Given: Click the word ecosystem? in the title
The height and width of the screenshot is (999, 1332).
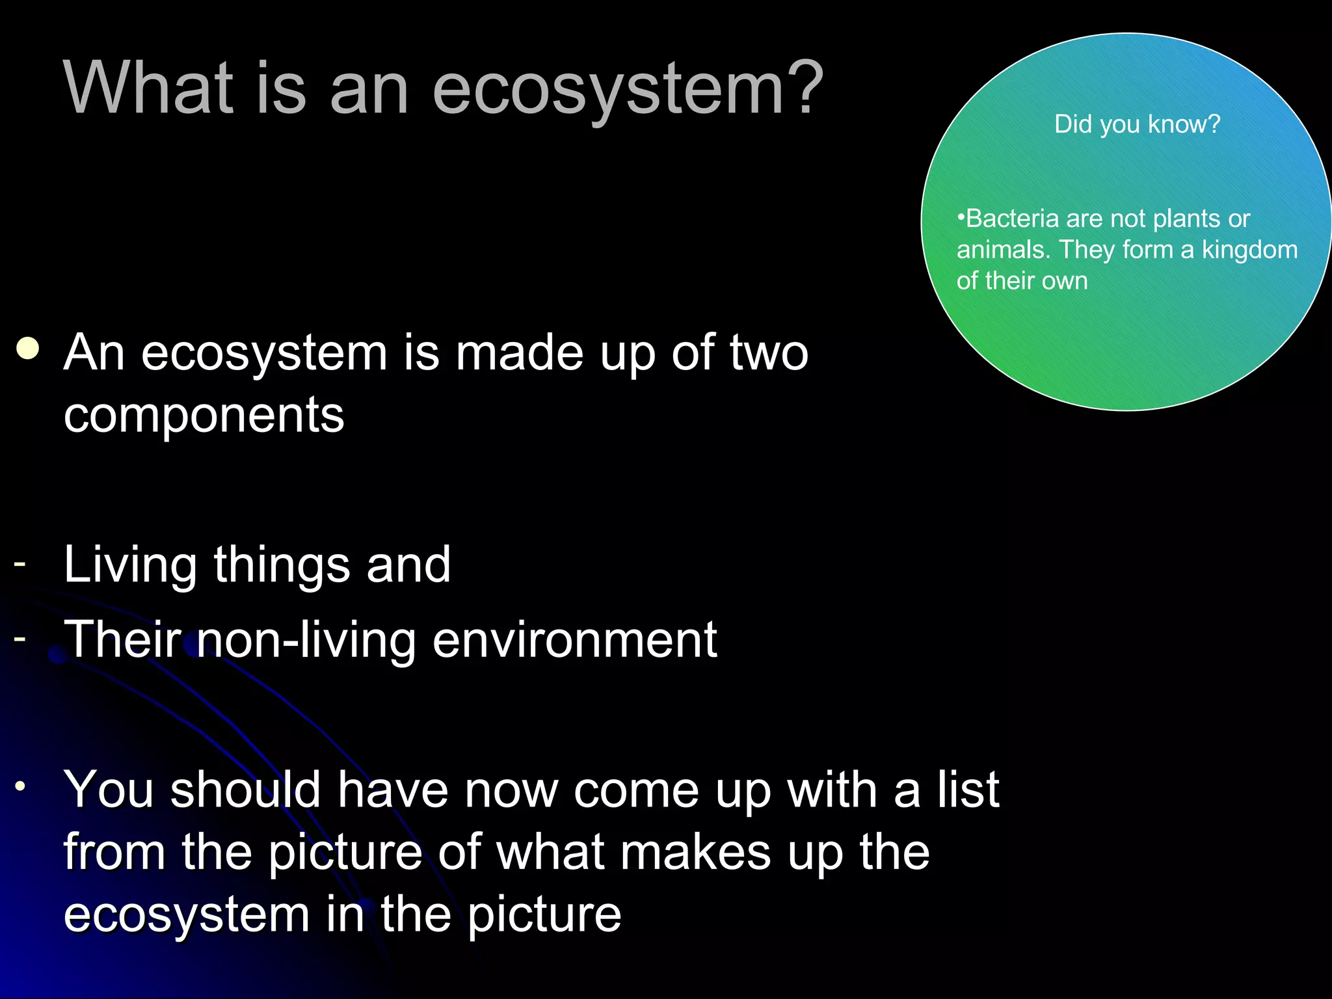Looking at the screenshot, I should tap(628, 90).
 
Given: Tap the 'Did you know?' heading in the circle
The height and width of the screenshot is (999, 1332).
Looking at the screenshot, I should tap(1137, 124).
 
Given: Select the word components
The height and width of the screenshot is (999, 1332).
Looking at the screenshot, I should tap(204, 415).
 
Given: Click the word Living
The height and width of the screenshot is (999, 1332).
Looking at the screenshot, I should tap(130, 565).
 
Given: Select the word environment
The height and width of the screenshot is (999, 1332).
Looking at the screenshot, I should tap(574, 640).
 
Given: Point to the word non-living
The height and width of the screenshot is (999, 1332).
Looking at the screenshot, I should tap(306, 640).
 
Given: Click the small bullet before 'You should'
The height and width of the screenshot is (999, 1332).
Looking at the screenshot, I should tap(21, 786).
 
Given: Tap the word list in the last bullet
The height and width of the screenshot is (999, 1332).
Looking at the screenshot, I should tap(968, 790).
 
